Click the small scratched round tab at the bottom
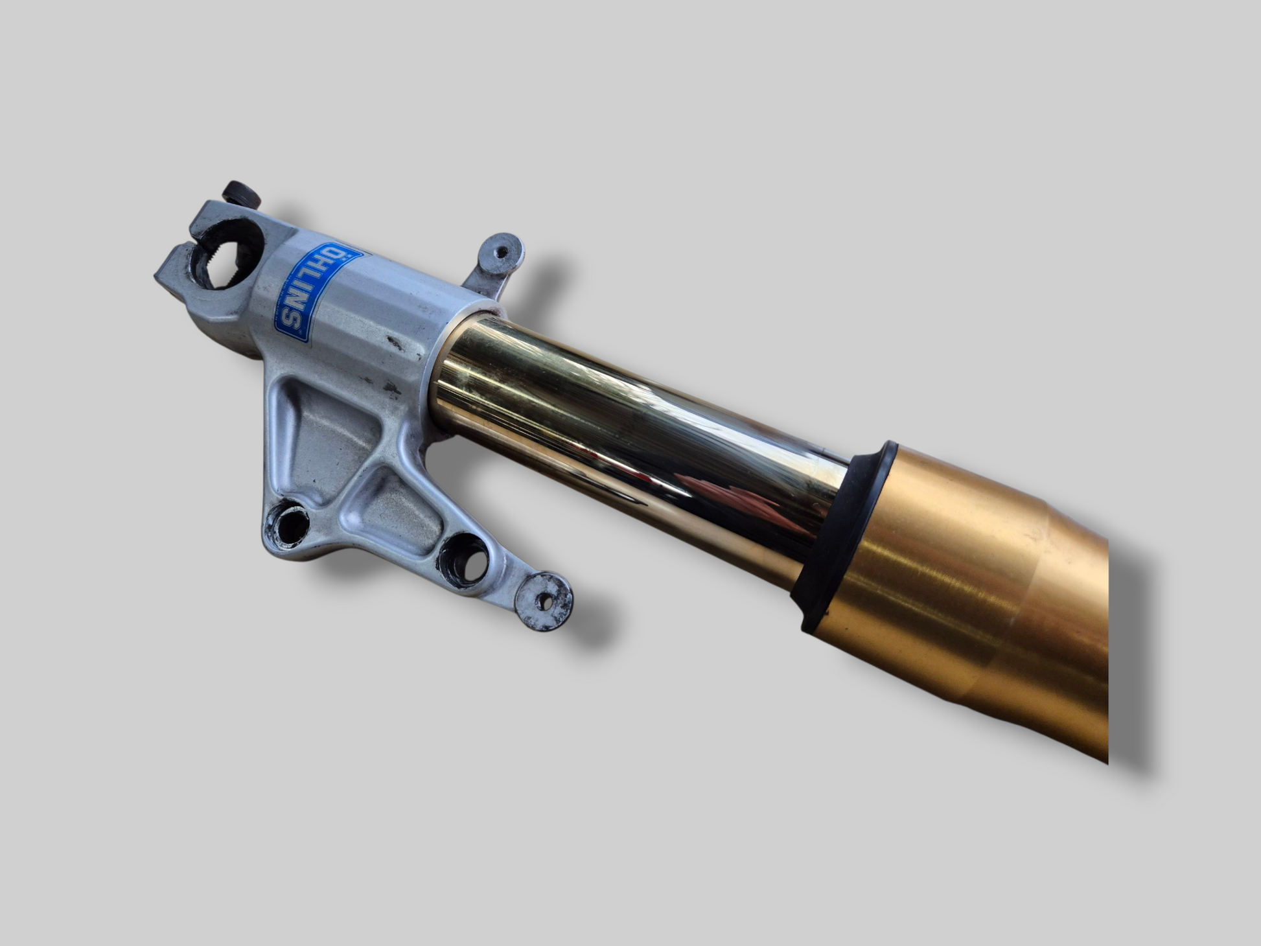pyautogui.click(x=544, y=601)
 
